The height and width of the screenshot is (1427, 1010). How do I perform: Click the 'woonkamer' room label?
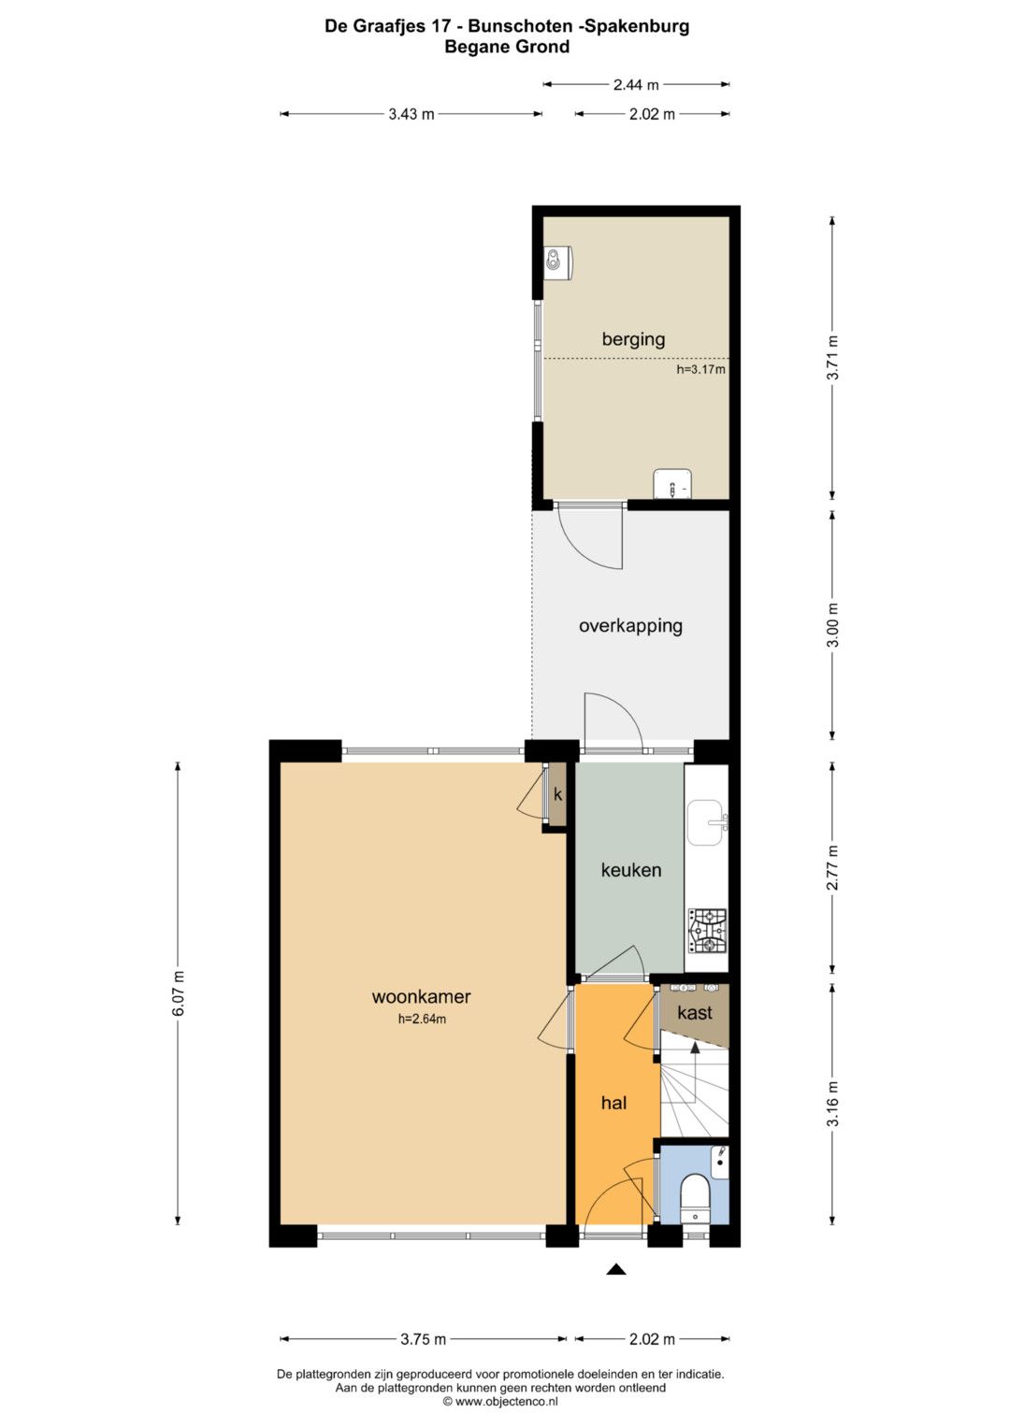tap(421, 997)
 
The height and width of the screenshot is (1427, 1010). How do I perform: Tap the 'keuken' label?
tap(630, 870)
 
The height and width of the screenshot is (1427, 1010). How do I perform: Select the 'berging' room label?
tap(633, 339)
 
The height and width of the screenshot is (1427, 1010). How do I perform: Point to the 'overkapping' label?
tap(630, 625)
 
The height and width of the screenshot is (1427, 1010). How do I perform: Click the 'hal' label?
tap(614, 1103)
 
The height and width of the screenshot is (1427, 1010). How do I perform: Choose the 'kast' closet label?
tap(694, 1012)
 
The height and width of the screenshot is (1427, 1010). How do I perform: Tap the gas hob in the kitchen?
tap(707, 931)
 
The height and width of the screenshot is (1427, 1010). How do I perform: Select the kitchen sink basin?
tap(706, 822)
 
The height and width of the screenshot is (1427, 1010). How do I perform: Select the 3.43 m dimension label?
tap(411, 114)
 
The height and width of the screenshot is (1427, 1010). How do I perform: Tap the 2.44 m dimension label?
tap(636, 84)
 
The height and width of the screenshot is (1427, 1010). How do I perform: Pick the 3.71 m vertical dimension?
tap(832, 357)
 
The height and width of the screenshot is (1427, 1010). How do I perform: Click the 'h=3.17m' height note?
tap(700, 369)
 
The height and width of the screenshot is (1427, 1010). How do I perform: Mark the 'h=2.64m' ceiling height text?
tap(422, 1020)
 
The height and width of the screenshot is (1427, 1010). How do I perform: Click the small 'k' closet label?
tap(558, 794)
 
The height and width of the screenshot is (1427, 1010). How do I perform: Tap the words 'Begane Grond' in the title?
tap(507, 47)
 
